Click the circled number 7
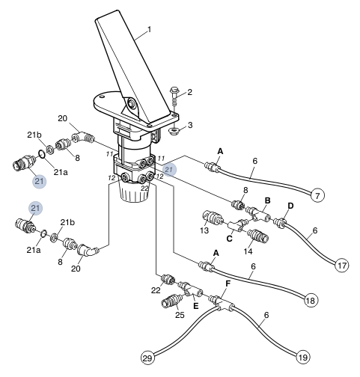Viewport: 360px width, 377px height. [317, 196]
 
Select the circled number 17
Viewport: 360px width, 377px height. [341, 264]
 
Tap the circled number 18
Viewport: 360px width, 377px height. [311, 300]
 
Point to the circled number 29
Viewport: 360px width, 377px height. [147, 356]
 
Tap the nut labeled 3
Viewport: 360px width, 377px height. [173, 131]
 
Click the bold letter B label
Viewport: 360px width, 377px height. [267, 201]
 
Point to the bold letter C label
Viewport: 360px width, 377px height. [231, 238]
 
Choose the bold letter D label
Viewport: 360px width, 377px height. [291, 205]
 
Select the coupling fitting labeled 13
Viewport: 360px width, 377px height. [213, 221]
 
